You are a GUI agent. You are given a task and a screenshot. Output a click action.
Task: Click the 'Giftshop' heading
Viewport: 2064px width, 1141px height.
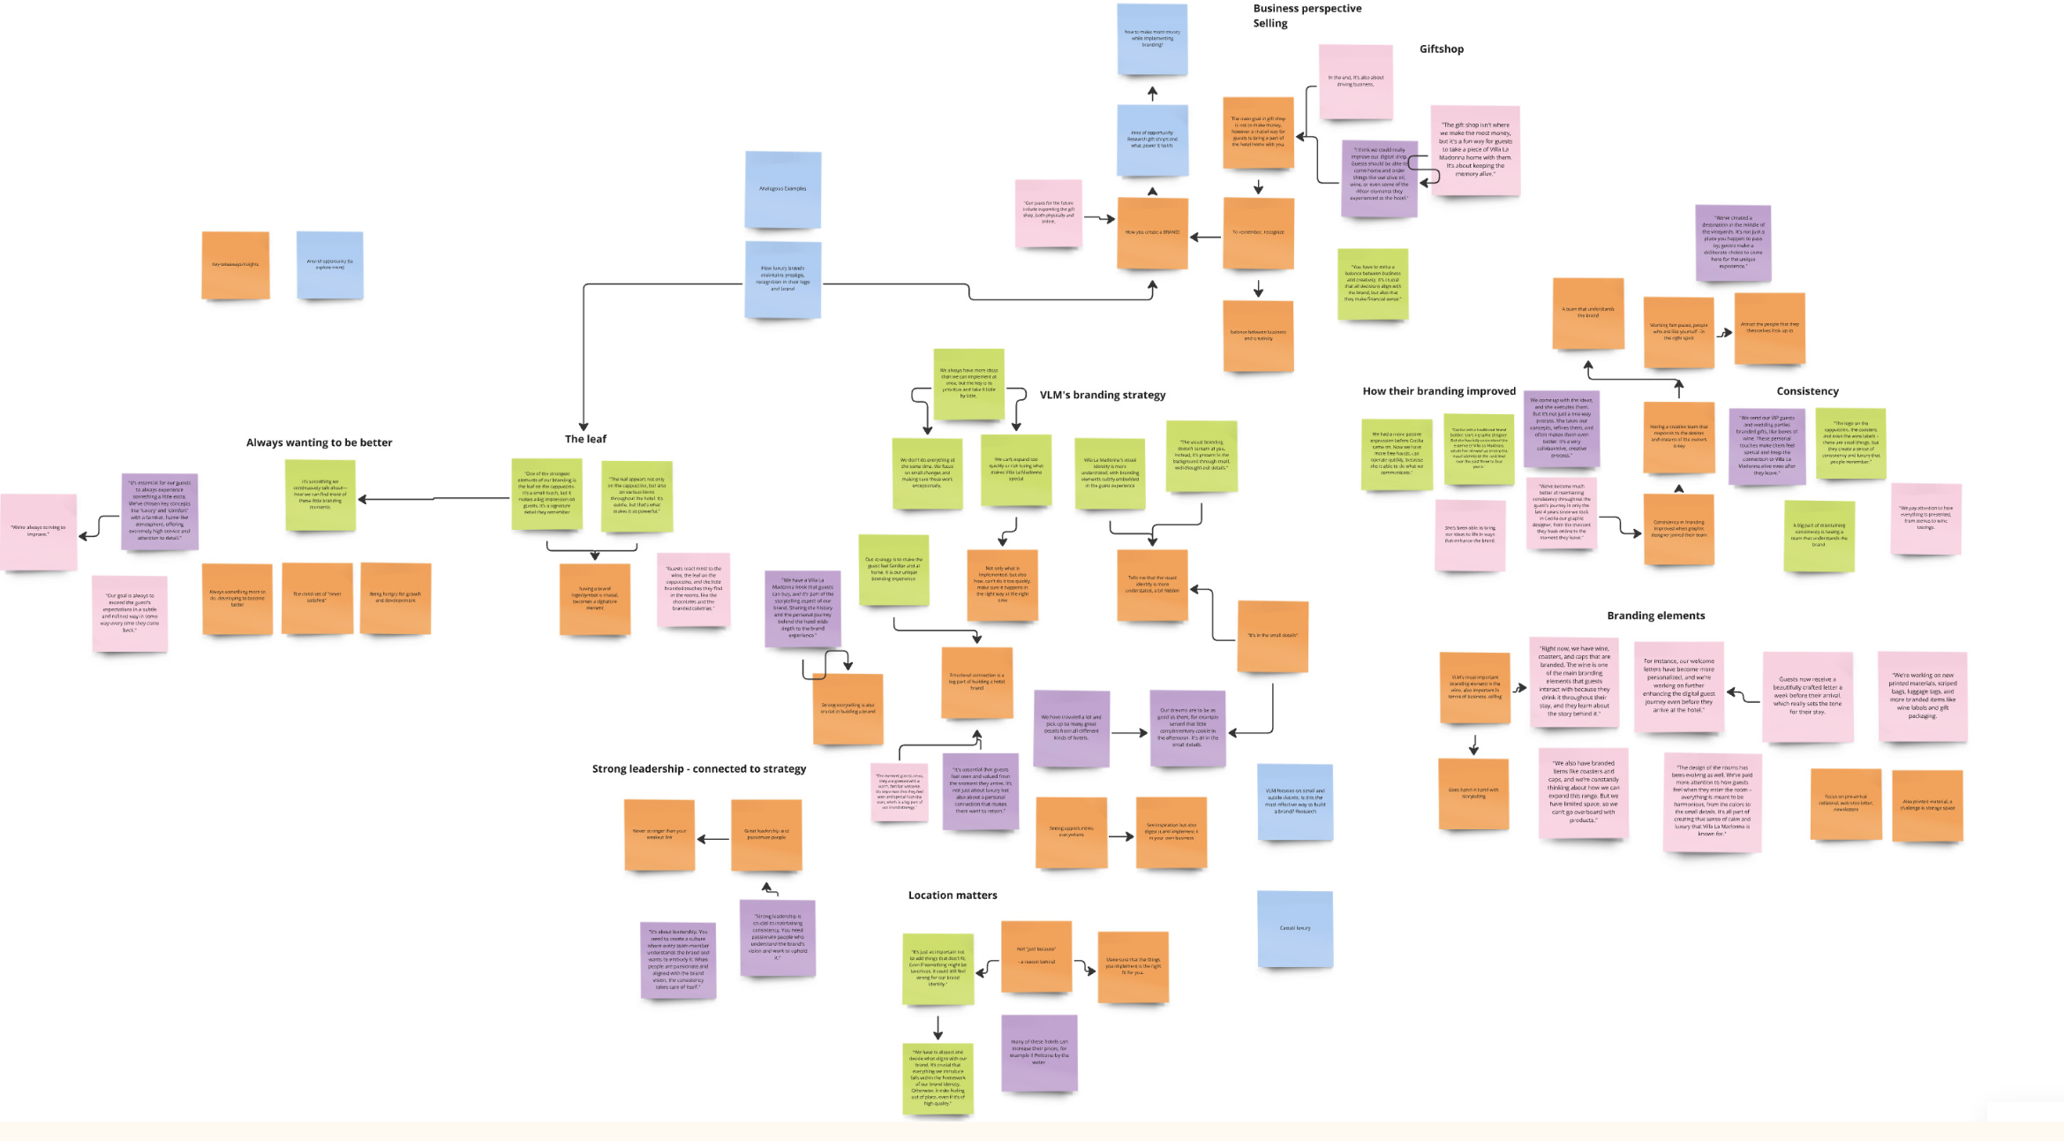[1441, 49]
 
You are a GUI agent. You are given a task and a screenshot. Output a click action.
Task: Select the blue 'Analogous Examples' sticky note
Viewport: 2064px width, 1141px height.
[782, 189]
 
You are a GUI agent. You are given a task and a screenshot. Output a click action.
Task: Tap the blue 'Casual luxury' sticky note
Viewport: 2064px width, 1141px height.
[1294, 928]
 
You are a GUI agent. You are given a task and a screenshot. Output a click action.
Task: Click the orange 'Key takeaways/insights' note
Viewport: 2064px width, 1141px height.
[235, 265]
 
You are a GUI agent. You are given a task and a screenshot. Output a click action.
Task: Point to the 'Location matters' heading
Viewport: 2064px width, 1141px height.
[953, 895]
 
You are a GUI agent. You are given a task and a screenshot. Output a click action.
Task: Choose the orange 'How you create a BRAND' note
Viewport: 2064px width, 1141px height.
[1152, 233]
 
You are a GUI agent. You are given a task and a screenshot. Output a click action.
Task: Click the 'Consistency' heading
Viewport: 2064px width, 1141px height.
[1807, 391]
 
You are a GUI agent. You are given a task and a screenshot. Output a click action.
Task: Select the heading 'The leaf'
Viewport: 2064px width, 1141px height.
[585, 439]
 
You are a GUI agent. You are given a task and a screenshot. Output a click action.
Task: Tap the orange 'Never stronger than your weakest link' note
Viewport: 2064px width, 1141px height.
[659, 835]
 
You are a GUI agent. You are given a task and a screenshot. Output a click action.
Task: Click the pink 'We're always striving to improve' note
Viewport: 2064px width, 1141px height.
[38, 531]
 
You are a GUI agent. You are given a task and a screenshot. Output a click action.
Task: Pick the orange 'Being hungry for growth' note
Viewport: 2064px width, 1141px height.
[395, 598]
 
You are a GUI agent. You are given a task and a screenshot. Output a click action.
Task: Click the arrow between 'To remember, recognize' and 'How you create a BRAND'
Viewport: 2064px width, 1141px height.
[1205, 237]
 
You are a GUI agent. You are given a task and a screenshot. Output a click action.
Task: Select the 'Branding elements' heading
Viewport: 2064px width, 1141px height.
[1655, 616]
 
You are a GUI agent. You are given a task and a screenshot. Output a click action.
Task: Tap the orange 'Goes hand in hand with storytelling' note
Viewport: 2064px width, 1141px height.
[1473, 793]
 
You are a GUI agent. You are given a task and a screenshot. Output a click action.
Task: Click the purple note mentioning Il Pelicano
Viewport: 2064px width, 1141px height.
[1039, 1052]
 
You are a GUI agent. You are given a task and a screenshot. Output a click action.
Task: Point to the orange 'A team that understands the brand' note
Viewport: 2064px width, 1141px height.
[1587, 314]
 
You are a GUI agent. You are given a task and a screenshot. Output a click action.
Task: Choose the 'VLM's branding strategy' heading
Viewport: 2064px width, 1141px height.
[1102, 395]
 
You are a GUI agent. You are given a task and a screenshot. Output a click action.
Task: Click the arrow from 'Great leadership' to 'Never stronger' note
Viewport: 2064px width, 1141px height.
[713, 839]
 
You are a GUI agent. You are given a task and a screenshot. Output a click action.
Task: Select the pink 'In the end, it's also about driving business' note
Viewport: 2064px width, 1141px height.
[1355, 81]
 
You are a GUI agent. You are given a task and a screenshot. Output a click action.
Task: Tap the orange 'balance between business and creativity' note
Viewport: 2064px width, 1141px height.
[1258, 336]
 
